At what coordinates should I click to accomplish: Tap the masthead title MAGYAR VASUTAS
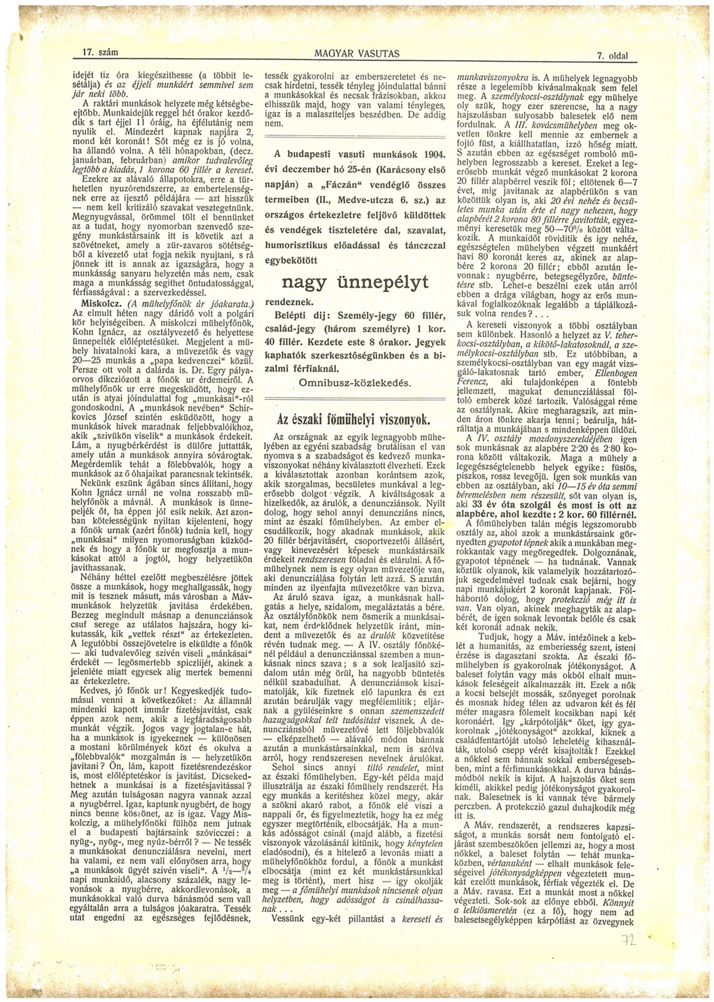[x=357, y=54]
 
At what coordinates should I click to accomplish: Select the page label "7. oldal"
[x=612, y=56]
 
